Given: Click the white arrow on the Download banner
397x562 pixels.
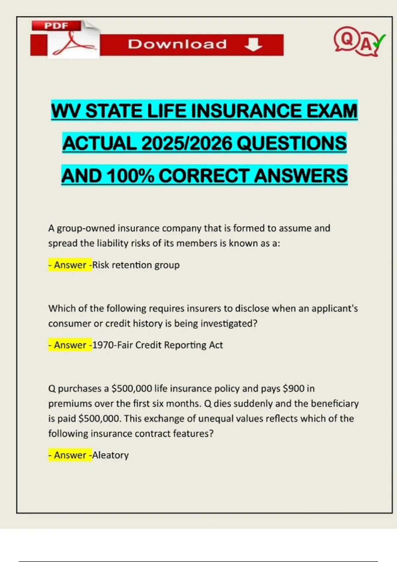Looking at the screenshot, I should [x=253, y=44].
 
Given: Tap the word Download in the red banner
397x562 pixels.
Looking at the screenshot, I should [x=177, y=44].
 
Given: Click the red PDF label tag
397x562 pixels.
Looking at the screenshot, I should [x=56, y=25].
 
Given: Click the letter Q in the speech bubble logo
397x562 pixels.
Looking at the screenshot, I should [x=346, y=39].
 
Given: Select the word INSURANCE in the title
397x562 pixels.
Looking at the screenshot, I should [x=246, y=111].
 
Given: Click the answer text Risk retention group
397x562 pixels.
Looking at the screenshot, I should [x=136, y=265].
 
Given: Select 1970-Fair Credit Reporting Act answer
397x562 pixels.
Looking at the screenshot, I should [x=157, y=345].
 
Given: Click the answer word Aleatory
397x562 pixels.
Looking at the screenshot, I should [x=110, y=455].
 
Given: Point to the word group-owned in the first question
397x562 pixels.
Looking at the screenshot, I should [x=86, y=228].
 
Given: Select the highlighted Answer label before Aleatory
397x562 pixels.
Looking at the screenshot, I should [x=70, y=455].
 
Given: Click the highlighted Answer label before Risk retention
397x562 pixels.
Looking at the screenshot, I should [x=70, y=265].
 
